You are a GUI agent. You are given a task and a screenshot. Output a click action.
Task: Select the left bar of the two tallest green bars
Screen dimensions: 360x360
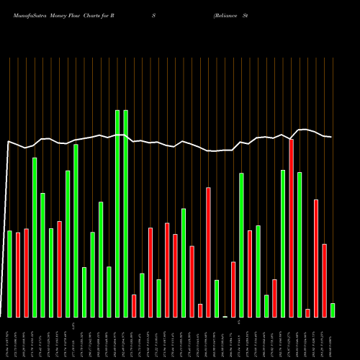coord(117,214)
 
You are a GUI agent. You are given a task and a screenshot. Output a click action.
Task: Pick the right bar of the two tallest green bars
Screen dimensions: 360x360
coord(125,214)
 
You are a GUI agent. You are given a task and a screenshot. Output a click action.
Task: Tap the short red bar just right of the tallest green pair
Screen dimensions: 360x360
coord(134,306)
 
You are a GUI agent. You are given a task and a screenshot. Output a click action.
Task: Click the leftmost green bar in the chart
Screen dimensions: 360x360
coord(9,274)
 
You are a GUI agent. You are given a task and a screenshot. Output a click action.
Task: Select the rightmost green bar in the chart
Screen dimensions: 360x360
coord(333,310)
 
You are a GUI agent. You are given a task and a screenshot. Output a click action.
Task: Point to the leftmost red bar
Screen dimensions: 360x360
coord(18,275)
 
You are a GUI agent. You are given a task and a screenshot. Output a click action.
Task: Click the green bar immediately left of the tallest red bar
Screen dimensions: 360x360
coord(283,243)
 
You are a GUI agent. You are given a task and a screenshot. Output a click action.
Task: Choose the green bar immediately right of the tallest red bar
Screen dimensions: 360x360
coord(300,245)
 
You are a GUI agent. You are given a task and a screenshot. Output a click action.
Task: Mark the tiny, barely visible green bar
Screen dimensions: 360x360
coord(225,316)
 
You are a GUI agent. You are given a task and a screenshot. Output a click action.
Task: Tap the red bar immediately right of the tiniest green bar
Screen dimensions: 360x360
coord(233,289)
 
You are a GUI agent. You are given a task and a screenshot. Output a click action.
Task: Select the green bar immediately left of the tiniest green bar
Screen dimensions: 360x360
coord(217,299)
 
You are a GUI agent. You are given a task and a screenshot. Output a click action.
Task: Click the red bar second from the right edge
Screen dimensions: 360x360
coord(316,258)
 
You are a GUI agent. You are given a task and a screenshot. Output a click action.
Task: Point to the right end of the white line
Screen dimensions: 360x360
coord(331,137)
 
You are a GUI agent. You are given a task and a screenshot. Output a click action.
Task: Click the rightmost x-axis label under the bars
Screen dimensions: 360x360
coord(333,338)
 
